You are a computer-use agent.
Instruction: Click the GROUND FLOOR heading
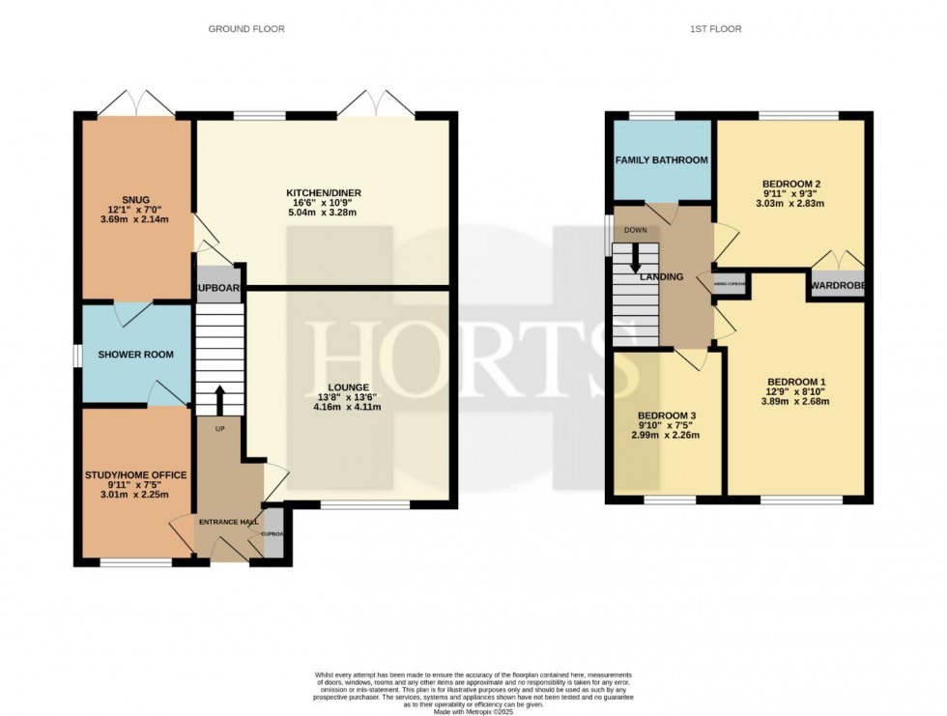pos(246,29)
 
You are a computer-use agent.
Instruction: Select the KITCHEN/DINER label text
pos(324,192)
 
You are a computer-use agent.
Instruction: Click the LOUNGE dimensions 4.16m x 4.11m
pos(347,407)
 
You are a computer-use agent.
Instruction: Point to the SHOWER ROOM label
pos(136,355)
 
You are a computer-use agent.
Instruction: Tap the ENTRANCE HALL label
pos(225,522)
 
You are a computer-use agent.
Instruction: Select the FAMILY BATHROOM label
pos(662,159)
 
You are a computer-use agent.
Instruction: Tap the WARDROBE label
pos(838,286)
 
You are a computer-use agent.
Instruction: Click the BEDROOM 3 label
pos(667,415)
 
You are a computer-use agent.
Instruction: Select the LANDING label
pos(661,277)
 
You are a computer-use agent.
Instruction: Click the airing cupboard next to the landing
pos(730,284)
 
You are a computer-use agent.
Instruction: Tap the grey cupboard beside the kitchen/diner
pos(218,288)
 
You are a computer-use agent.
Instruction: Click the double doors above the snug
pos(136,102)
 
